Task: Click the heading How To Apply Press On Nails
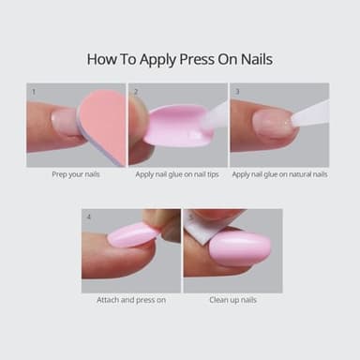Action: [180, 59]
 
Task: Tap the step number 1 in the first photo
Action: [34, 92]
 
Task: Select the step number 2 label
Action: [136, 92]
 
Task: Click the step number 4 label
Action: [88, 217]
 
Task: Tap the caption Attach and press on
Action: [130, 301]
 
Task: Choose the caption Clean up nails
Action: [232, 301]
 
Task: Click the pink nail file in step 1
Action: [102, 126]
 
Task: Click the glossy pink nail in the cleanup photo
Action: [240, 248]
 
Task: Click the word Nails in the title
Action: [254, 59]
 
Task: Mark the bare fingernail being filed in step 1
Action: [66, 121]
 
